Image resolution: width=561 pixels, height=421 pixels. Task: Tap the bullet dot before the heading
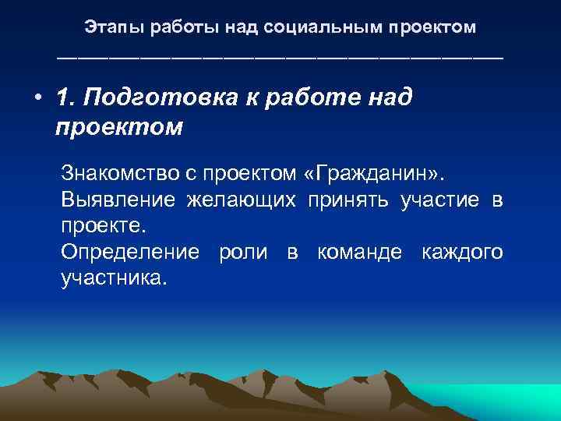[x=37, y=100]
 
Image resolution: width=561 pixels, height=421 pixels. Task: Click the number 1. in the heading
[x=66, y=99]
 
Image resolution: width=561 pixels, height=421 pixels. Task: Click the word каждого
[x=462, y=253]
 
